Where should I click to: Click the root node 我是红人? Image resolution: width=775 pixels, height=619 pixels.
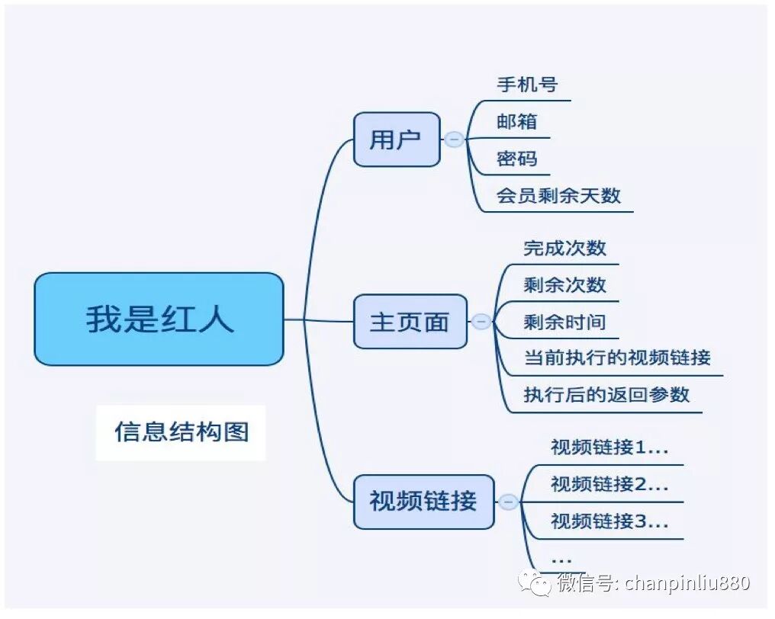[x=159, y=319]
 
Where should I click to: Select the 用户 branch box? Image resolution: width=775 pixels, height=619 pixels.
[x=397, y=140]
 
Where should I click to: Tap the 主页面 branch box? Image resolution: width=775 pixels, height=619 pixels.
[x=410, y=322]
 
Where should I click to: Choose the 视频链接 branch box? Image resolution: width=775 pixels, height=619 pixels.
[x=423, y=501]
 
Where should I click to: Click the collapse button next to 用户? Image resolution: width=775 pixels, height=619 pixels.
[x=454, y=140]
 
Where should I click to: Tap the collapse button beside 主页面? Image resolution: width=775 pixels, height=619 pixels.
[x=481, y=322]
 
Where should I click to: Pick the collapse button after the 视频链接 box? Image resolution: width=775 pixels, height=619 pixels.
[x=508, y=502]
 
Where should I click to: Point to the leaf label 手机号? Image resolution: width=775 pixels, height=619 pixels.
[x=527, y=84]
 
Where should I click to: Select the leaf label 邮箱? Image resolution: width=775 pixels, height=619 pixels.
[x=517, y=121]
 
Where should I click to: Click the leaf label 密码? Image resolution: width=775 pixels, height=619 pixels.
[x=517, y=159]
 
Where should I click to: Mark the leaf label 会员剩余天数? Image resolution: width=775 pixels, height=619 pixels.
[x=558, y=195]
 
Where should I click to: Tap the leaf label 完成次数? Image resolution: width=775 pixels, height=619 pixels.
[x=564, y=248]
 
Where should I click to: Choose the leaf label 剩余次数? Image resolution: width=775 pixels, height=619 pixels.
[x=564, y=284]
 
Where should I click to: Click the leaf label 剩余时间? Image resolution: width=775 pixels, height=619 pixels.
[x=564, y=322]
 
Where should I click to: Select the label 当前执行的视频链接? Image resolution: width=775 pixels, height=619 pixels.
[x=617, y=357]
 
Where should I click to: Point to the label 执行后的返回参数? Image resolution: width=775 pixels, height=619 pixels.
[x=606, y=394]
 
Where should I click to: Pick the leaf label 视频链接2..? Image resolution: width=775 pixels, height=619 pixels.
[x=609, y=484]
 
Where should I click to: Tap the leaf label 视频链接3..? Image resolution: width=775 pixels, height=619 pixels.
[x=609, y=521]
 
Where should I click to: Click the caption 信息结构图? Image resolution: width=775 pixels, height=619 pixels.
[x=182, y=431]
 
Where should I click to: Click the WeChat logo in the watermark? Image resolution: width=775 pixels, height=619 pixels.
[x=535, y=584]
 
